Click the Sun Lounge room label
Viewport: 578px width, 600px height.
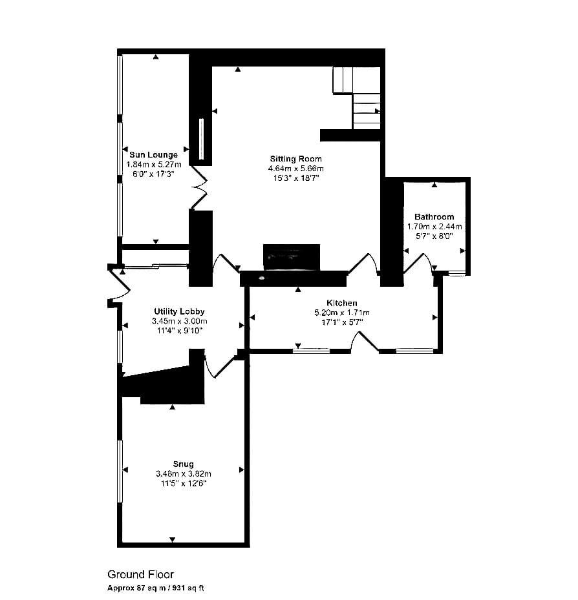[x=153, y=154]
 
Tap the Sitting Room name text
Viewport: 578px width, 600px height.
[x=295, y=159]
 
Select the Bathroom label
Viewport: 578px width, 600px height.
[x=434, y=216]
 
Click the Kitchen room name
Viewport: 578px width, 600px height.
[x=341, y=303]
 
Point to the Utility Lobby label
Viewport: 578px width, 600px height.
[x=179, y=311]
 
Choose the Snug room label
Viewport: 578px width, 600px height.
[x=183, y=464]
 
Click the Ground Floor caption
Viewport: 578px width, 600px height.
[x=140, y=574]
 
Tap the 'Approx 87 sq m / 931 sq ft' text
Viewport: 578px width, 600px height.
[x=156, y=588]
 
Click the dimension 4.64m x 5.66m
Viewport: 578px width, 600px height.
[x=295, y=169]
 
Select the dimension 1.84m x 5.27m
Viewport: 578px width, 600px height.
[x=154, y=165]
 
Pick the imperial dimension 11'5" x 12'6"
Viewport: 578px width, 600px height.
[x=184, y=483]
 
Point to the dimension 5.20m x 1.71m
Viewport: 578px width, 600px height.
[x=341, y=313]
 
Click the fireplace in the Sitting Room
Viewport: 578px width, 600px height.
[x=292, y=257]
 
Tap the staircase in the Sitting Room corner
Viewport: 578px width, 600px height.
[x=357, y=98]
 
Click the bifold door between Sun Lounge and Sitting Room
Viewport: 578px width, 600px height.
[x=199, y=187]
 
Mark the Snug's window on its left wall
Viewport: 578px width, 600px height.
[x=120, y=471]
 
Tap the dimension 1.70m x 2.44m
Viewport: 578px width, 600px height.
[x=434, y=227]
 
